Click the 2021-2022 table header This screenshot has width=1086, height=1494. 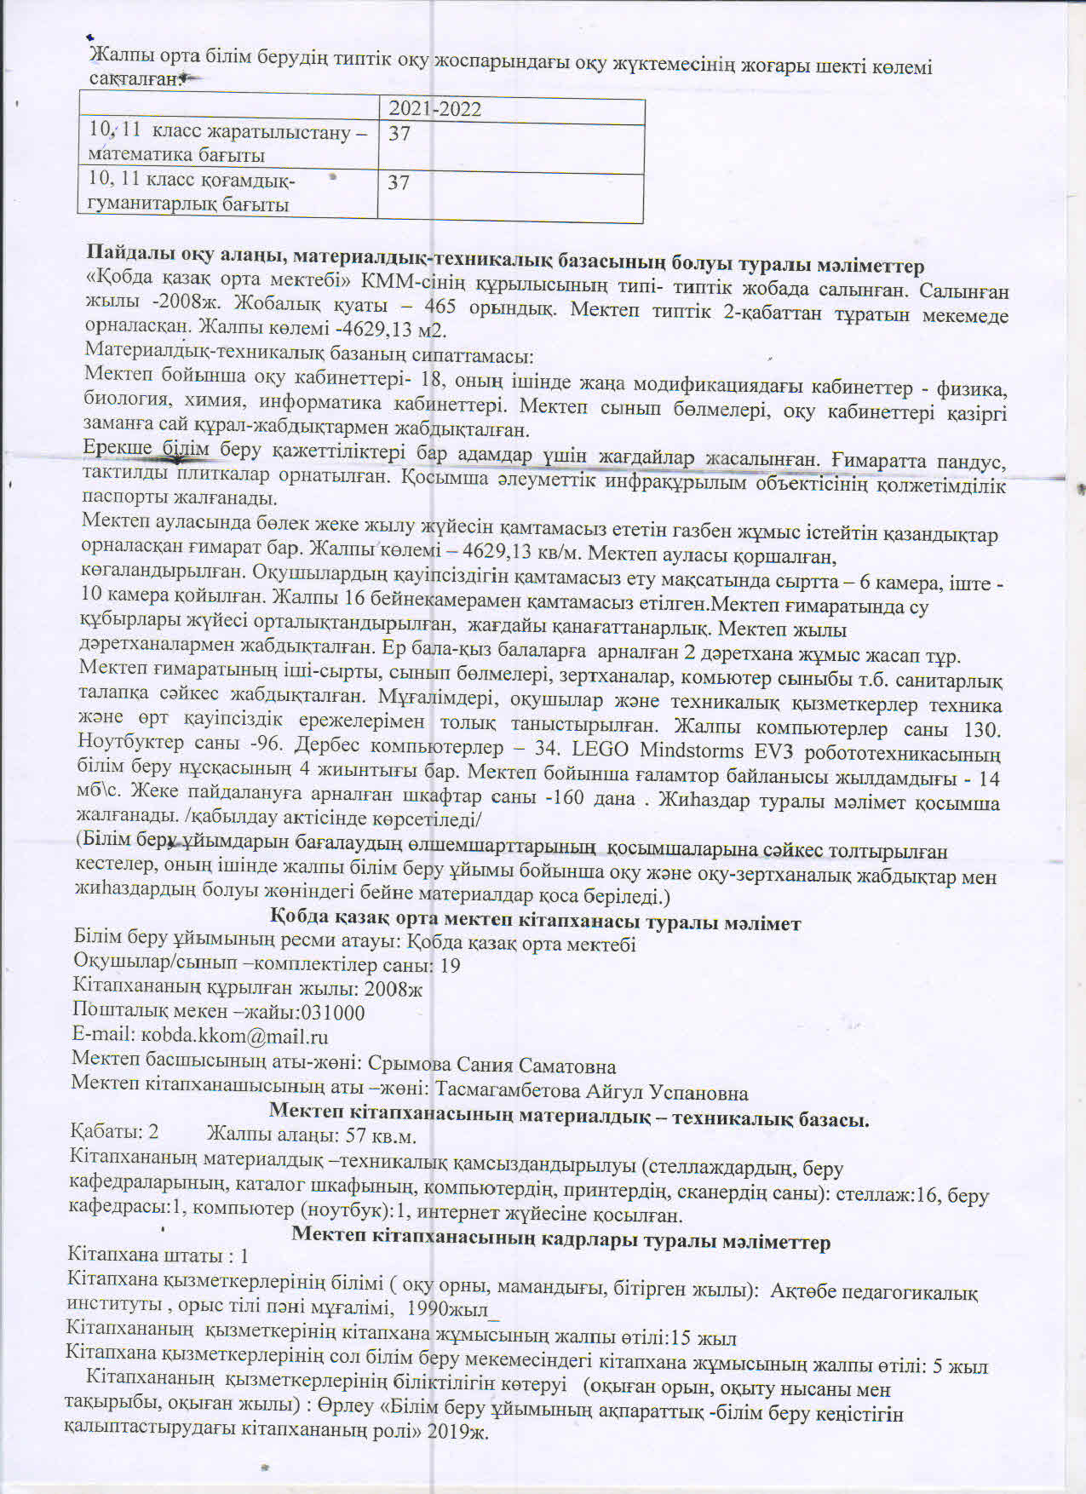(x=434, y=109)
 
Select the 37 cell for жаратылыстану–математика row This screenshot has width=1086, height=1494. (x=399, y=134)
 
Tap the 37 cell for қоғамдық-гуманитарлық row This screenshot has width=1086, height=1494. (x=399, y=183)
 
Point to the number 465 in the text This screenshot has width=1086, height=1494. (x=440, y=307)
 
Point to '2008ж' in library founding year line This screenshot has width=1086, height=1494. (x=394, y=989)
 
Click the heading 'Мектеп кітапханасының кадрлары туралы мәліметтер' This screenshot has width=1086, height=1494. (x=560, y=1241)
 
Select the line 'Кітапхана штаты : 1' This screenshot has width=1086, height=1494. (x=158, y=1256)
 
